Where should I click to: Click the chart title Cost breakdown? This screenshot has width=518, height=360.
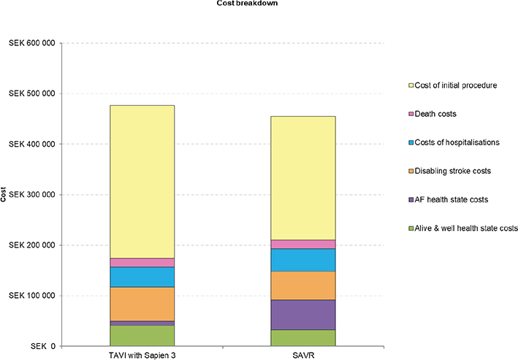point(259,4)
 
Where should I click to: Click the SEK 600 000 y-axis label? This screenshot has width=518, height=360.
point(30,43)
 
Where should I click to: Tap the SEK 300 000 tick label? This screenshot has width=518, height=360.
point(30,195)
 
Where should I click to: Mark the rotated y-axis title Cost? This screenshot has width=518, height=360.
point(5,194)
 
